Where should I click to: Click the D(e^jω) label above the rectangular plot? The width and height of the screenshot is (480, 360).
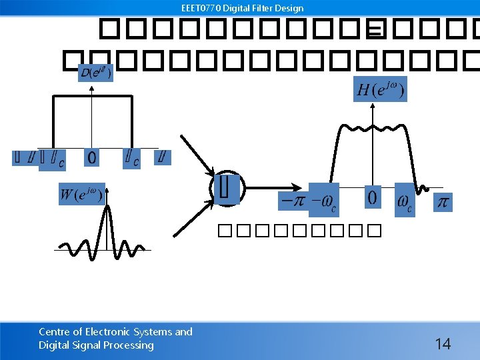pyautogui.click(x=95, y=72)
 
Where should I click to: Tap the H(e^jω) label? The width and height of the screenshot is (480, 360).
pyautogui.click(x=380, y=89)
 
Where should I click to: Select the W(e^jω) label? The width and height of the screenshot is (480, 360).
pyautogui.click(x=81, y=194)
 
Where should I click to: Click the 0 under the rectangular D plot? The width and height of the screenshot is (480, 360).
pyautogui.click(x=91, y=157)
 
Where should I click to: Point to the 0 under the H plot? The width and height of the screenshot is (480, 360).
pyautogui.click(x=372, y=197)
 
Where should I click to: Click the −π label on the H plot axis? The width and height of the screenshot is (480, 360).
pyautogui.click(x=292, y=199)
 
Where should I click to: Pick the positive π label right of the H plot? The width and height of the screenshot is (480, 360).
pyautogui.click(x=442, y=201)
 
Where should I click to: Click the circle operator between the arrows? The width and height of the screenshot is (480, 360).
pyautogui.click(x=227, y=188)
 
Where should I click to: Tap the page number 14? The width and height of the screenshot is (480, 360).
pyautogui.click(x=443, y=344)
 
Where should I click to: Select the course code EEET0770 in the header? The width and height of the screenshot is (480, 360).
pyautogui.click(x=201, y=8)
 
